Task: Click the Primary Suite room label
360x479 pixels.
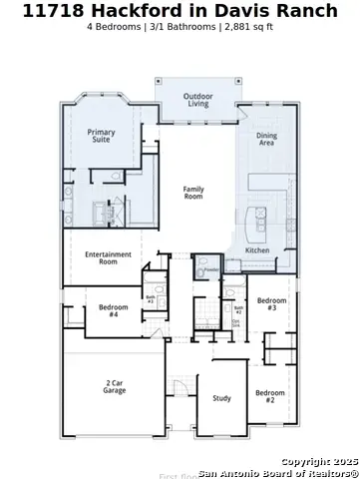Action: click(x=101, y=137)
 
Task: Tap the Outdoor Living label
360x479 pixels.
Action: click(x=197, y=101)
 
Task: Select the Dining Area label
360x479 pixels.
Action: click(x=267, y=140)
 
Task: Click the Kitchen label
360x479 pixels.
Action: click(x=257, y=250)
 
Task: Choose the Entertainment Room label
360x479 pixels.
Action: click(x=108, y=257)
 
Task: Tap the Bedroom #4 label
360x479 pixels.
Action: click(x=114, y=310)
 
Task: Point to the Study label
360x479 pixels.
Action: click(x=221, y=398)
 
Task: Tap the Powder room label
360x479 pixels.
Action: click(x=210, y=269)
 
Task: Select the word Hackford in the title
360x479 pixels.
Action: click(x=135, y=11)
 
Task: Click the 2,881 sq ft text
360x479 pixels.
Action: click(x=250, y=27)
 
